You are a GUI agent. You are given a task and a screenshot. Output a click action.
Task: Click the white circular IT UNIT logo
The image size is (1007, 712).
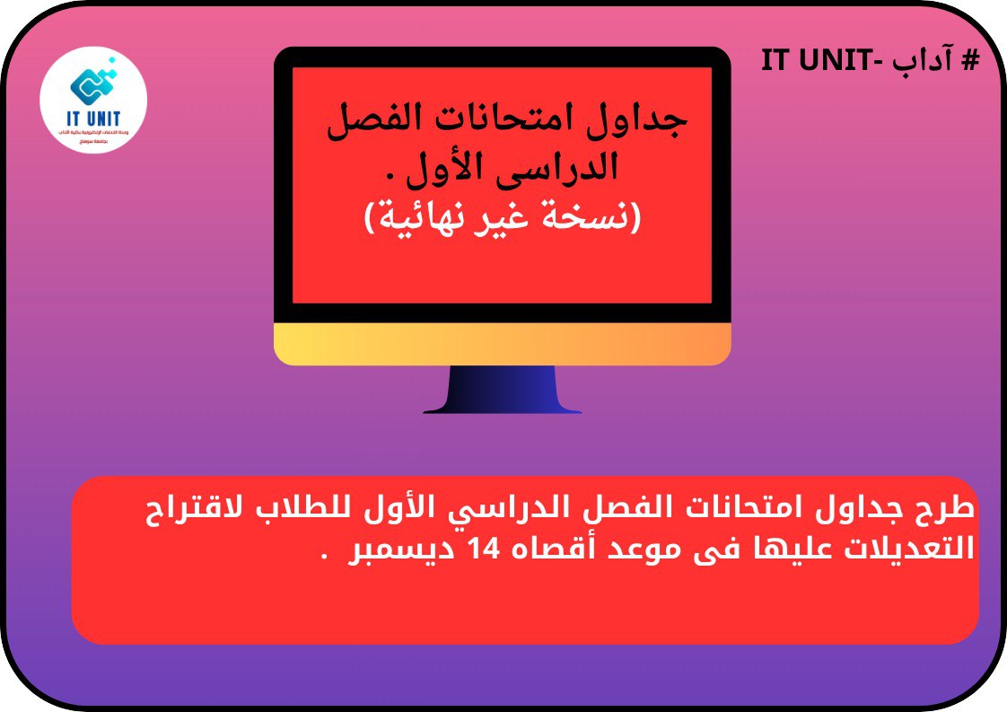tap(94, 100)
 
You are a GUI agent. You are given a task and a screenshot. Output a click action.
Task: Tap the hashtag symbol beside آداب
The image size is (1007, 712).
tap(968, 61)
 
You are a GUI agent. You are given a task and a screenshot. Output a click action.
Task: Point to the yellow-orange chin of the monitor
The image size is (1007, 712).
tap(503, 345)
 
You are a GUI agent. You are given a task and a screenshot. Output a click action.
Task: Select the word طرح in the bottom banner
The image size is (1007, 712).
tap(947, 510)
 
